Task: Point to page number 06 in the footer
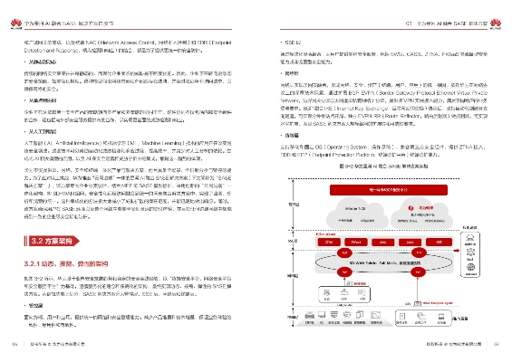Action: [x=14, y=344]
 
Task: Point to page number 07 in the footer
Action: [x=497, y=344]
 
